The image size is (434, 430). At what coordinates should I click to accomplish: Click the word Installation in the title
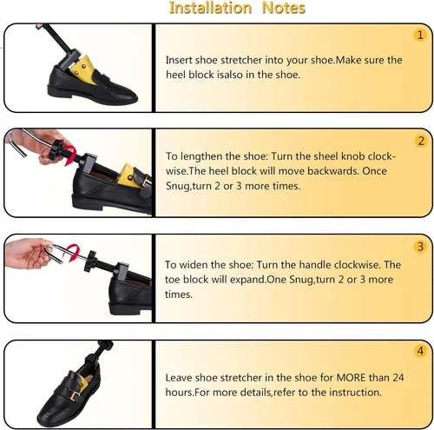pyautogui.click(x=210, y=8)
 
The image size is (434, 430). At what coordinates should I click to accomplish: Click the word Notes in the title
pyautogui.click(x=283, y=8)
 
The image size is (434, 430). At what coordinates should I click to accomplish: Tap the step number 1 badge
pyautogui.click(x=420, y=35)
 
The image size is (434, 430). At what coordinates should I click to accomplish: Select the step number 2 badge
pyautogui.click(x=421, y=141)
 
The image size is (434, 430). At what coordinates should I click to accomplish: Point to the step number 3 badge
pyautogui.click(x=420, y=247)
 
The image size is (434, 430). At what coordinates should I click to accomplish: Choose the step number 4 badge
pyautogui.click(x=420, y=351)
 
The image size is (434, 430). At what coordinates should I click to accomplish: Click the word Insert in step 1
pyautogui.click(x=179, y=60)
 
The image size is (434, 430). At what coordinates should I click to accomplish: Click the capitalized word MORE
pyautogui.click(x=352, y=378)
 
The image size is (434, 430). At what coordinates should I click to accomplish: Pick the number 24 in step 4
pyautogui.click(x=398, y=378)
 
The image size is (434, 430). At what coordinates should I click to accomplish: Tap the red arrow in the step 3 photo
pyautogui.click(x=72, y=253)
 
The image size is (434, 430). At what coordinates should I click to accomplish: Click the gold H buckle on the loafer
pyautogui.click(x=75, y=394)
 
